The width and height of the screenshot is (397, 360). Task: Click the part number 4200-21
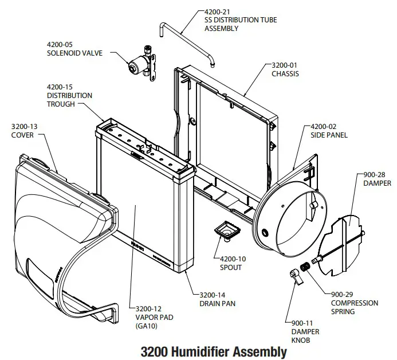(218, 11)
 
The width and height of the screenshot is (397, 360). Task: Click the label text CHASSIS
(285, 74)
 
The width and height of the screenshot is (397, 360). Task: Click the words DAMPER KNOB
(305, 336)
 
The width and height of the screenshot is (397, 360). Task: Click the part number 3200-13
(26, 126)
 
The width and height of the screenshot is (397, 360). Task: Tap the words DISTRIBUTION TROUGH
(69, 100)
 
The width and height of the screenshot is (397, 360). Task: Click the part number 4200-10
(230, 259)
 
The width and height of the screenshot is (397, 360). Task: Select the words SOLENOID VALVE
(74, 53)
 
